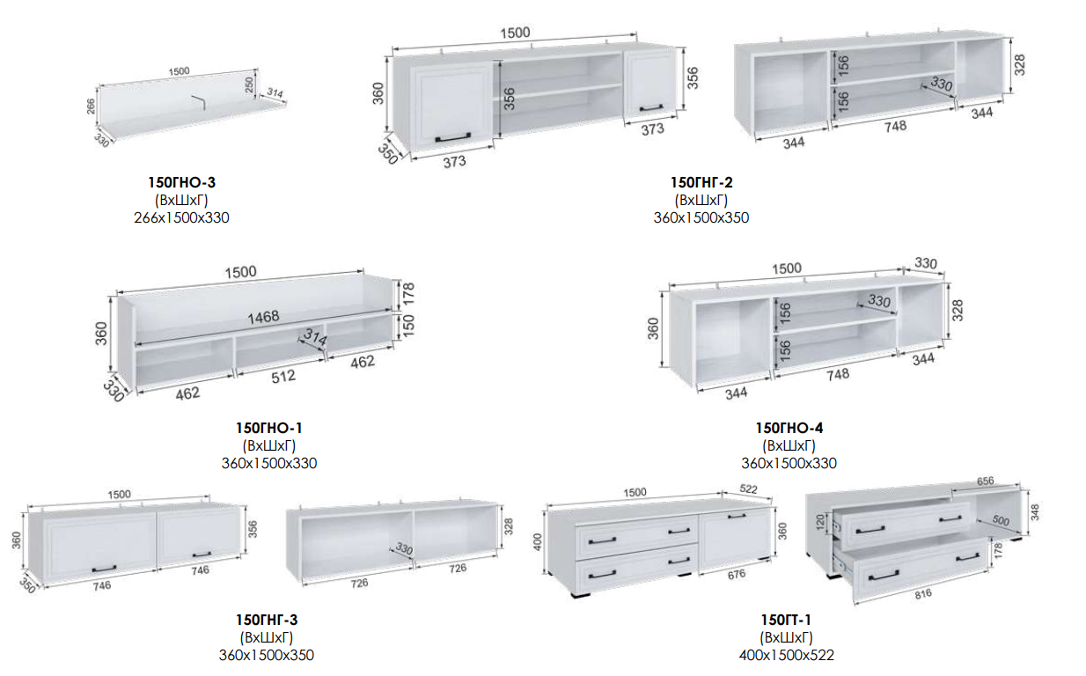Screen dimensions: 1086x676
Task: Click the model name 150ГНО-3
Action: pos(182,182)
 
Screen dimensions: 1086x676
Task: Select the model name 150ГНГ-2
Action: pos(701,182)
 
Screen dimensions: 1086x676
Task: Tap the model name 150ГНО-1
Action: pos(269,428)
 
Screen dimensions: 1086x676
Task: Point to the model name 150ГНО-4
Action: pos(789,428)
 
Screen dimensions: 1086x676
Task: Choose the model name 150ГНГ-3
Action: pos(267,620)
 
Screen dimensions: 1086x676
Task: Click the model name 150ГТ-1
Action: pos(786,620)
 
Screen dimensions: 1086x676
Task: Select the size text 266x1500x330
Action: pos(181,217)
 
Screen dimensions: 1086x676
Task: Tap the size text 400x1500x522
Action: pos(787,656)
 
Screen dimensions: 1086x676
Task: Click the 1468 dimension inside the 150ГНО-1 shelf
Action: pos(264,317)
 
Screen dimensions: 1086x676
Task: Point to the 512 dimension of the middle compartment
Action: pos(283,377)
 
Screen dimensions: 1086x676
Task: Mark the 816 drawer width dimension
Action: pos(923,594)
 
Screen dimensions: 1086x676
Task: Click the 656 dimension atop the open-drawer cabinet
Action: pos(985,481)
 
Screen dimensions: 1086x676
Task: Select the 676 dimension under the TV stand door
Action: pos(737,575)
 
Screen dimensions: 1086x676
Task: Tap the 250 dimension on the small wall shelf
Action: pos(249,85)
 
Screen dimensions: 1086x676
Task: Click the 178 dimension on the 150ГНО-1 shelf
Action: pos(408,294)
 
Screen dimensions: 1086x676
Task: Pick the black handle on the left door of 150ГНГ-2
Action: pos(453,137)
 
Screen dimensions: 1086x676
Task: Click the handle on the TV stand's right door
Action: pos(737,517)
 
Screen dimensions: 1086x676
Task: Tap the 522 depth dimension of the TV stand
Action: pos(748,489)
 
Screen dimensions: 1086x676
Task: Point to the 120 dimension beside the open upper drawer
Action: pos(820,523)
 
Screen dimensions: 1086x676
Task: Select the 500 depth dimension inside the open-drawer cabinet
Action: pos(1000,521)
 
